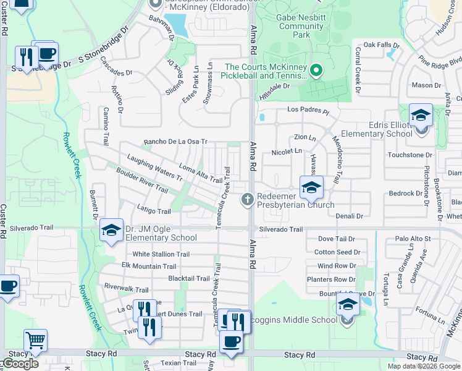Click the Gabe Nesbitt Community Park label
click(x=301, y=27)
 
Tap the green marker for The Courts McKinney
click(x=316, y=71)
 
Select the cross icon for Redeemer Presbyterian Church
click(x=247, y=198)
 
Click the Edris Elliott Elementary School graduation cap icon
click(x=421, y=116)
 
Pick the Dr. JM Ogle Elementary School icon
click(x=111, y=231)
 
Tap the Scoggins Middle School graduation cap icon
click(x=348, y=305)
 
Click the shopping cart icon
click(x=35, y=339)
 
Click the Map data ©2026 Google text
click(x=423, y=366)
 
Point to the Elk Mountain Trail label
click(x=148, y=266)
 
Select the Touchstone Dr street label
click(x=409, y=155)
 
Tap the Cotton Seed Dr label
click(x=337, y=252)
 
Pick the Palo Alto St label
click(x=413, y=239)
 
